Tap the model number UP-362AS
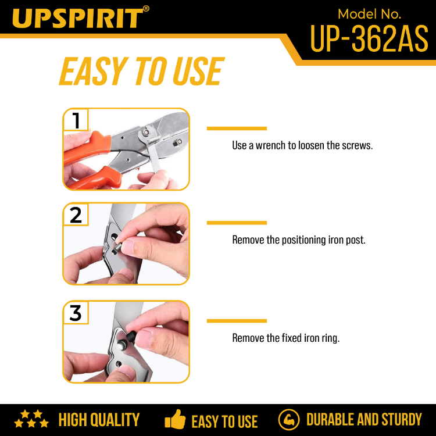tap(369, 38)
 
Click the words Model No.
tap(369, 14)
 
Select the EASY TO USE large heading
tap(141, 71)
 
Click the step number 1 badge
tap(76, 120)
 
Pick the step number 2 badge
tap(76, 215)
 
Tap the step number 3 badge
tap(76, 313)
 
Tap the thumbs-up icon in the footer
tap(175, 419)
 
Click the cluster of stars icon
tap(31, 419)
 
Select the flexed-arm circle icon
tap(289, 420)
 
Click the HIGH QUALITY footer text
tap(99, 420)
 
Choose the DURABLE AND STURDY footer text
tap(364, 419)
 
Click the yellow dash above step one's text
tap(237, 128)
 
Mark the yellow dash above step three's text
tap(237, 321)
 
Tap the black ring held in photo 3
tap(131, 335)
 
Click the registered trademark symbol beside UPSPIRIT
tap(146, 9)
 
